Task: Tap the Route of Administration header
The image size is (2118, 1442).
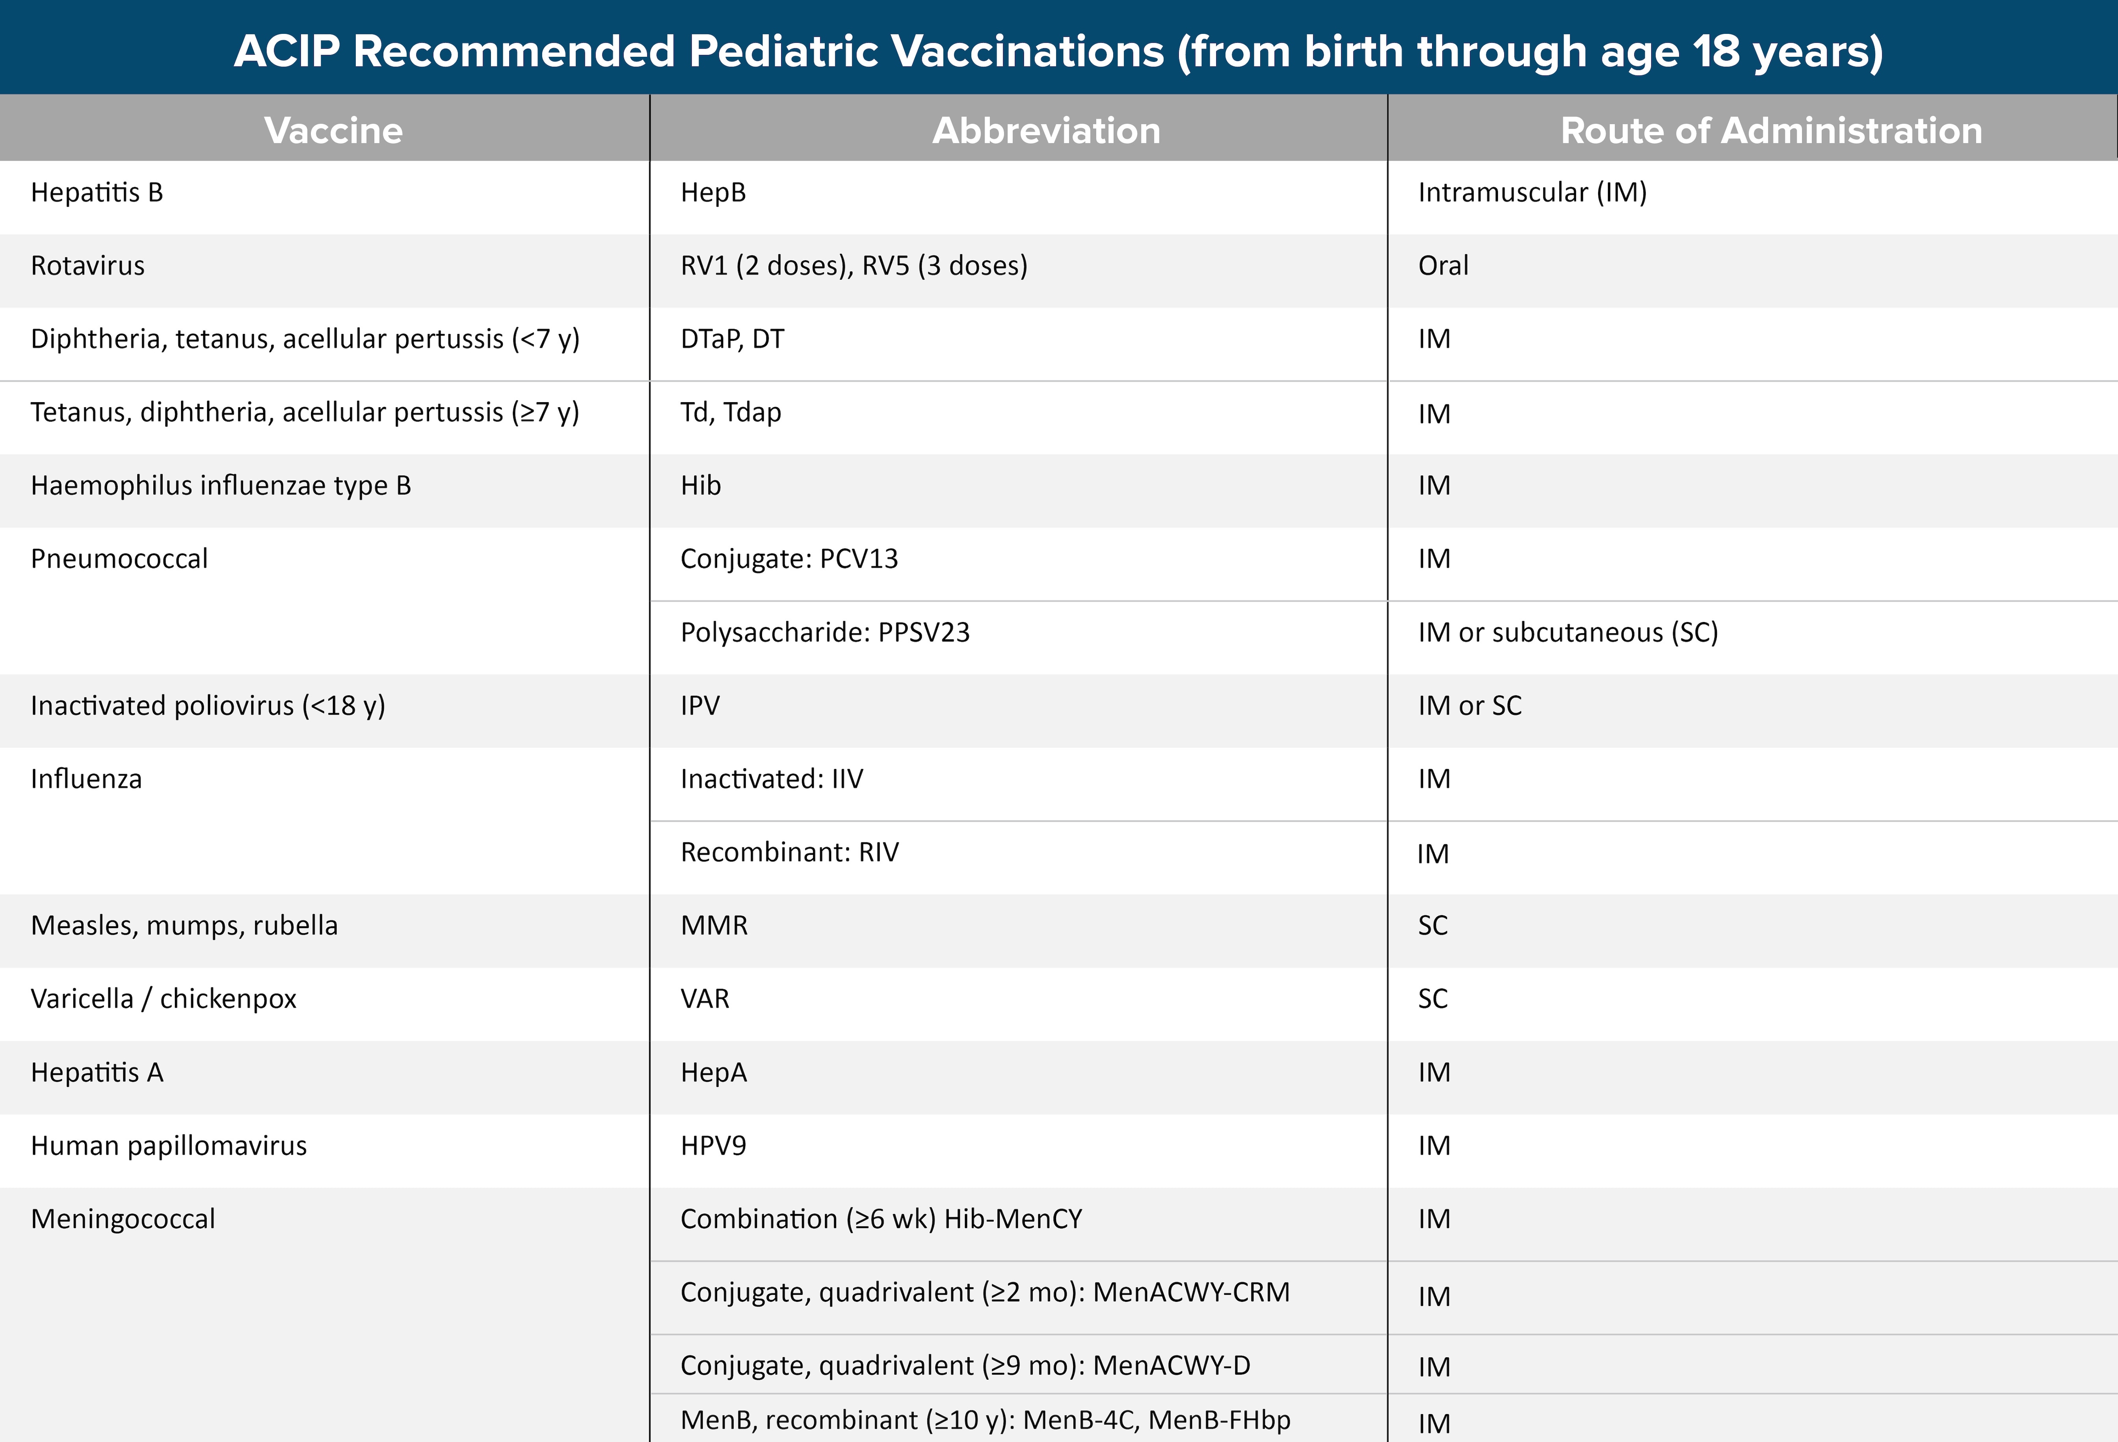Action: pyautogui.click(x=1771, y=131)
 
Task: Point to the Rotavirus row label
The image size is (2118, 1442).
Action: pyautogui.click(x=88, y=265)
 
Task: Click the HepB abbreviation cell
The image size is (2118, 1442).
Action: pyautogui.click(x=712, y=192)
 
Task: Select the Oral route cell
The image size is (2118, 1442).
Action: pyautogui.click(x=1443, y=265)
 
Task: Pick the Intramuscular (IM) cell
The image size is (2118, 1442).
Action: pyautogui.click(x=1532, y=192)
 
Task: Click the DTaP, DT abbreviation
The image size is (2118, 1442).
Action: pyautogui.click(x=732, y=339)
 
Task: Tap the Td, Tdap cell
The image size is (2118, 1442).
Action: pyautogui.click(x=730, y=412)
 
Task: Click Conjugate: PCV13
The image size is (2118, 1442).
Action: pyautogui.click(x=788, y=559)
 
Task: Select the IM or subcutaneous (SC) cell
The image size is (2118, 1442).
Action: pyautogui.click(x=1568, y=633)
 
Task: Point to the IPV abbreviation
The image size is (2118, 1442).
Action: pyautogui.click(x=700, y=706)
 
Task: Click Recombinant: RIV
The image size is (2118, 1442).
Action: pyautogui.click(x=789, y=852)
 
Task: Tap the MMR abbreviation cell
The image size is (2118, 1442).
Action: pyautogui.click(x=714, y=925)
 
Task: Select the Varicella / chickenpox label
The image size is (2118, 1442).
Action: pyautogui.click(x=163, y=999)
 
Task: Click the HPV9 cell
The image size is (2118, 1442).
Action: pyautogui.click(x=712, y=1146)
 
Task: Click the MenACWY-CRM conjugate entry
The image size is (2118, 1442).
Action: pyautogui.click(x=984, y=1292)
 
